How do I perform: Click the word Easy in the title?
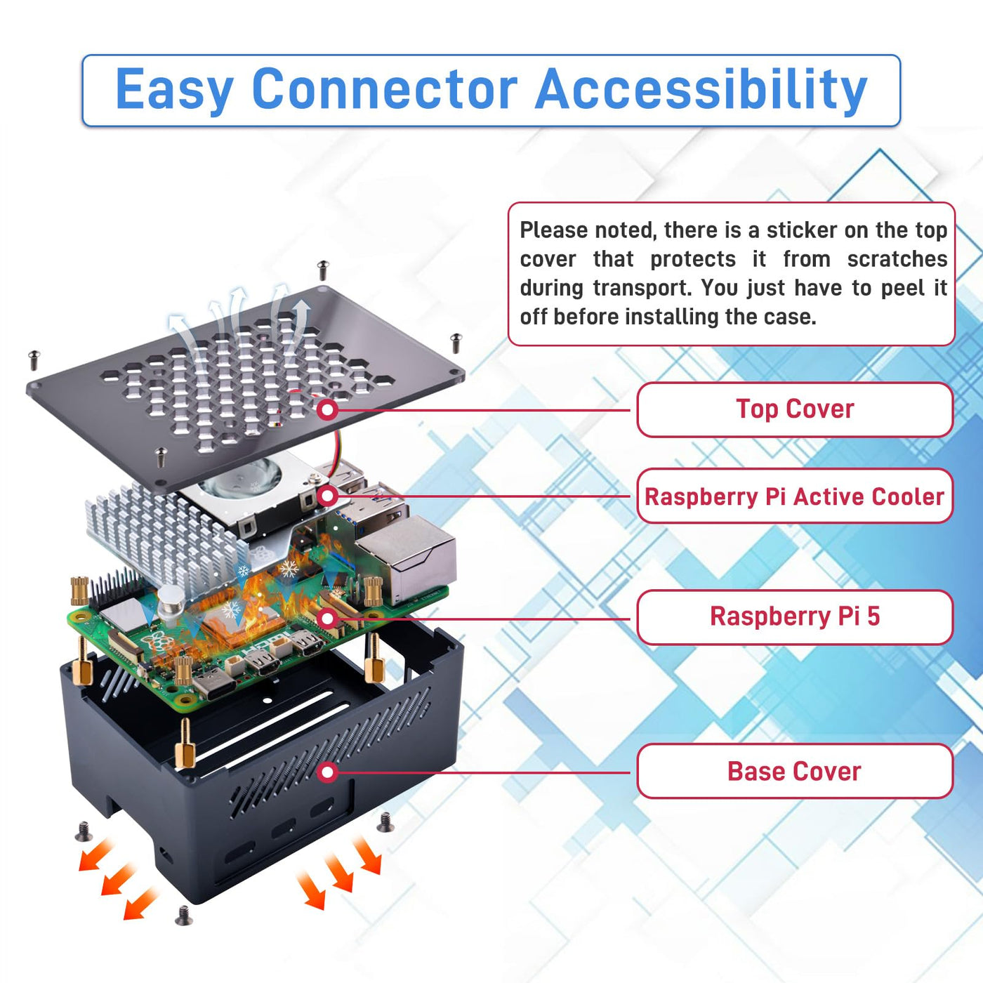click(x=174, y=90)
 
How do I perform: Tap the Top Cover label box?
click(x=795, y=409)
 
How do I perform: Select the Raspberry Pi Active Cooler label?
click(x=795, y=496)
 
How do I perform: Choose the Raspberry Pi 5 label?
click(x=795, y=617)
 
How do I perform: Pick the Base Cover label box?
click(x=795, y=772)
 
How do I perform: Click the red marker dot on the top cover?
click(x=327, y=409)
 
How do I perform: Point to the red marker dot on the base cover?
click(x=327, y=772)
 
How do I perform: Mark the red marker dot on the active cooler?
click(x=327, y=496)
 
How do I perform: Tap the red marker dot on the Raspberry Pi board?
click(x=327, y=619)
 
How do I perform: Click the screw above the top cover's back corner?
click(x=323, y=269)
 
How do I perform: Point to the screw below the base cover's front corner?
click(x=184, y=915)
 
